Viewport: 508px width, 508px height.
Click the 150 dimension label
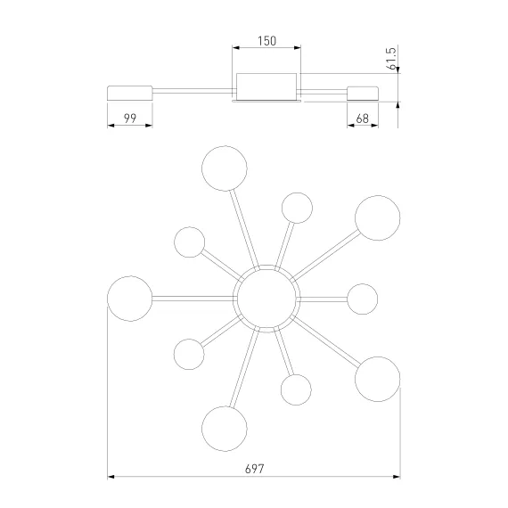point(267,41)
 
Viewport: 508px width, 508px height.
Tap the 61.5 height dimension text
point(391,58)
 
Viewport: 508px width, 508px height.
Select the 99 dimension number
point(130,119)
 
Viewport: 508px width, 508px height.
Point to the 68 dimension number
point(362,119)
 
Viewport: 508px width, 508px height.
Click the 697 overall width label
point(255,469)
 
